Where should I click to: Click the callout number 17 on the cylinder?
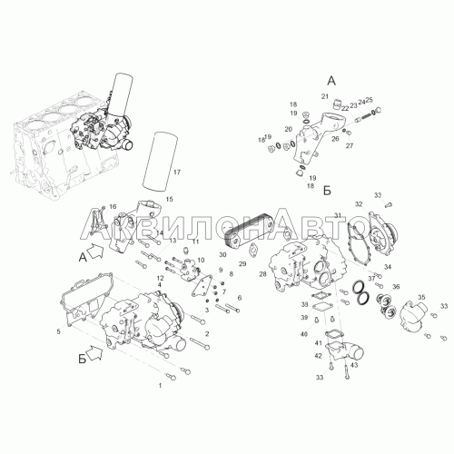tap(177, 172)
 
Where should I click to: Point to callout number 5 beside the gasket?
tap(58, 332)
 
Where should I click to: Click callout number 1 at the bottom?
tap(161, 386)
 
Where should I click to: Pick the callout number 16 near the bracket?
tap(113, 208)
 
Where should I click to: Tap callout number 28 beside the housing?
tap(262, 273)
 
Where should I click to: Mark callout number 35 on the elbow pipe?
tap(420, 296)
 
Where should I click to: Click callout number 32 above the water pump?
tap(359, 204)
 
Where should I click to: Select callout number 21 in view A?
tap(323, 97)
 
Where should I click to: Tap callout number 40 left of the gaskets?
tap(303, 336)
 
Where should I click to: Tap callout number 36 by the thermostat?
tap(395, 287)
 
